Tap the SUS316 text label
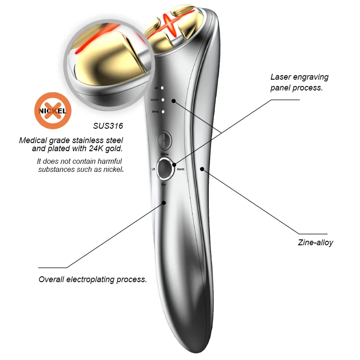(110, 126)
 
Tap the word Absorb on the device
(180, 169)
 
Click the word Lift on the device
(153, 169)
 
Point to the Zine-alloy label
(315, 243)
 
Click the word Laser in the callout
(281, 77)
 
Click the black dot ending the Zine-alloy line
(202, 169)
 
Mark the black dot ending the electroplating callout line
(164, 203)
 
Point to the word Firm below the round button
(164, 184)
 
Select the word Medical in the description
(32, 140)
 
